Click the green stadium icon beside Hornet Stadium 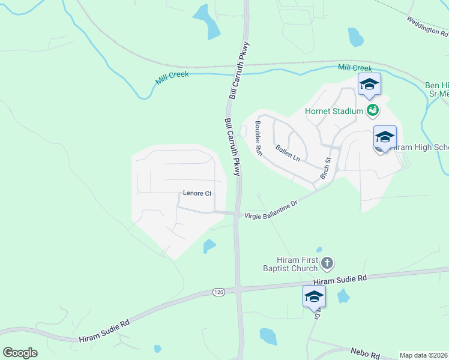tap(373, 110)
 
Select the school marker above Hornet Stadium tap(369, 85)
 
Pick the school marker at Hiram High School tap(385, 137)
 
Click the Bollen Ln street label tap(287, 152)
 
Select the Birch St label tap(326, 169)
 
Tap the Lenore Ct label tap(197, 194)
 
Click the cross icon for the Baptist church tap(327, 263)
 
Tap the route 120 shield tap(218, 292)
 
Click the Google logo tap(20, 353)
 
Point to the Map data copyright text tap(423, 355)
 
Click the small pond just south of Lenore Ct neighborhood tap(209, 245)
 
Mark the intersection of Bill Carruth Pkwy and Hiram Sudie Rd tap(238, 289)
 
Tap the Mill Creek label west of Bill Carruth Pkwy tap(172, 78)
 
